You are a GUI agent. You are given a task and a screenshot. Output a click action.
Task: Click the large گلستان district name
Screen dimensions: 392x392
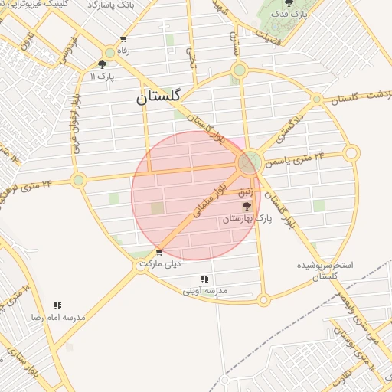click(x=158, y=97)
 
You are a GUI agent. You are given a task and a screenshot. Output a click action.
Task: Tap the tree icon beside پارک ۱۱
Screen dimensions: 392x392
click(x=103, y=65)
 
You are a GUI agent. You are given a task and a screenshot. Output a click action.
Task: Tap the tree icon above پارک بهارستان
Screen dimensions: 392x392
click(x=246, y=206)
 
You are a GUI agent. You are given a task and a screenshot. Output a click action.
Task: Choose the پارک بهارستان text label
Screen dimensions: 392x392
click(x=247, y=219)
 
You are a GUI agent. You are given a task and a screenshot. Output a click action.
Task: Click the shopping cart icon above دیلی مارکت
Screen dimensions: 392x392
click(x=158, y=252)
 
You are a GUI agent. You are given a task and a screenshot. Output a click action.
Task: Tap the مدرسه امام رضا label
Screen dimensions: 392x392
click(x=57, y=316)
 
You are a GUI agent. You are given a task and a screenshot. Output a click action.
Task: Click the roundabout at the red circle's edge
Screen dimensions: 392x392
click(x=247, y=163)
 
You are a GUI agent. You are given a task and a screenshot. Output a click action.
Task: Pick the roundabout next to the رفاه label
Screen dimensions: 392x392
click(x=110, y=53)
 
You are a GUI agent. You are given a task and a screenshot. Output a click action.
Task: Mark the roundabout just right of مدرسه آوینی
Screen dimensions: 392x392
click(x=264, y=300)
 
